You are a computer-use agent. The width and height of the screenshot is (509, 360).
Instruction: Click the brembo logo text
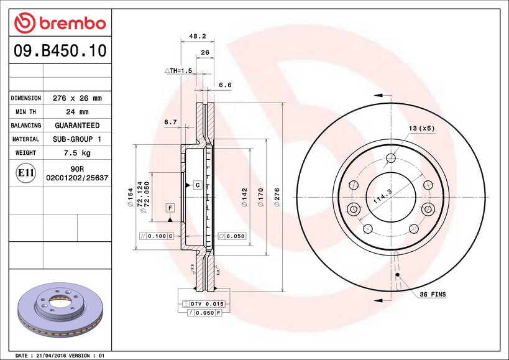(x=73, y=24)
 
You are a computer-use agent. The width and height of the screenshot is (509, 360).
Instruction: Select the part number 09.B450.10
(x=60, y=51)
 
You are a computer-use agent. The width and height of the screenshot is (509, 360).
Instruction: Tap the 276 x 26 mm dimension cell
(x=77, y=98)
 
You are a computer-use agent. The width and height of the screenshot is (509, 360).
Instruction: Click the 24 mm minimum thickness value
(x=77, y=112)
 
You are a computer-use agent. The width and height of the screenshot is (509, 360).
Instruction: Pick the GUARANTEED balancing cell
(x=77, y=126)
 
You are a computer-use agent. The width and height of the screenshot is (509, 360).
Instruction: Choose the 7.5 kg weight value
(x=77, y=153)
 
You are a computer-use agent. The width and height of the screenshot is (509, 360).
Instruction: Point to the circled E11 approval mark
(x=26, y=173)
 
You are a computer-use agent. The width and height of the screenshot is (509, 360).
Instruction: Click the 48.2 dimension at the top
(x=198, y=36)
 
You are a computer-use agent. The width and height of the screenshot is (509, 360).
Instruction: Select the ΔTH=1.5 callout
(x=178, y=70)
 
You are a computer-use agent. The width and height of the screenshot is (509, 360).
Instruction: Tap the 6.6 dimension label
(x=225, y=85)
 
